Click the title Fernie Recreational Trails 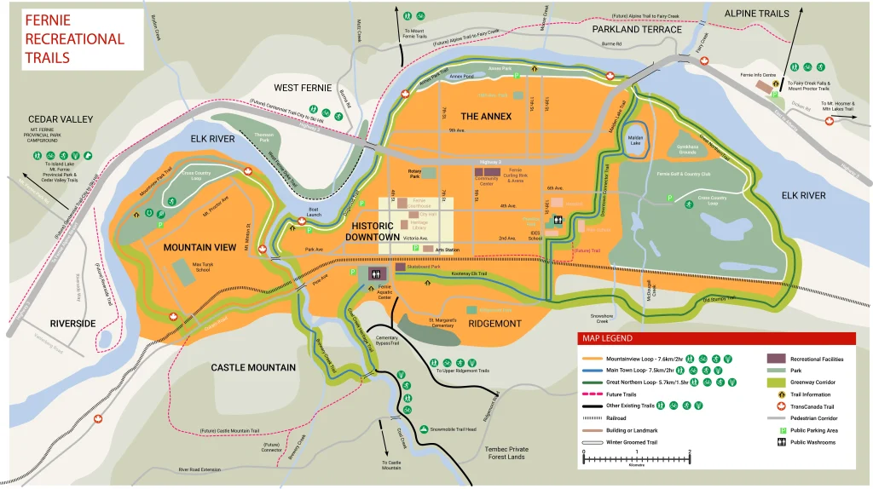[73, 38]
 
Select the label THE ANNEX [486, 115]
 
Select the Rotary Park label [415, 173]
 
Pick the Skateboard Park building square [400, 267]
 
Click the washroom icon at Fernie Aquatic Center [375, 273]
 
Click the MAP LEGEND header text [606, 340]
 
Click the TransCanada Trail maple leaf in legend [777, 406]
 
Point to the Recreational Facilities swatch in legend [776, 359]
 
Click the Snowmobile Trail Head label [453, 429]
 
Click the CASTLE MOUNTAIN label [253, 368]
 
